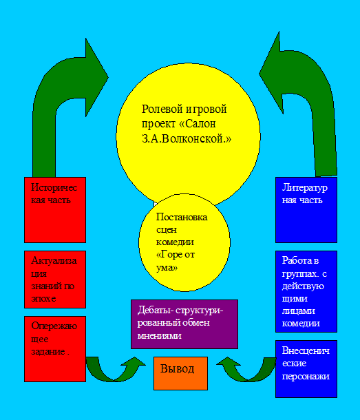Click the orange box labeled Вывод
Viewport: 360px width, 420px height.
(180, 373)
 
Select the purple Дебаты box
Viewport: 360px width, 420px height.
(184, 324)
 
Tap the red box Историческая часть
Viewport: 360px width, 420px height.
(55, 210)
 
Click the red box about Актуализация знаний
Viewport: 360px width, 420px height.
(55, 280)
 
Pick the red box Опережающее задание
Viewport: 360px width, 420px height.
(55, 349)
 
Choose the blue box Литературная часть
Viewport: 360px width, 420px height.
(306, 210)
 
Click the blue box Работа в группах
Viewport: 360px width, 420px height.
(306, 291)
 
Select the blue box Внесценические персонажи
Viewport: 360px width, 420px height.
(306, 369)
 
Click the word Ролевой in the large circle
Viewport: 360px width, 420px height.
(162, 109)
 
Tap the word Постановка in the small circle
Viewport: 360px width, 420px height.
(182, 217)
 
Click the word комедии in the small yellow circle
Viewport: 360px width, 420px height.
(175, 242)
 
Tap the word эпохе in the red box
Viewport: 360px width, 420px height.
(43, 298)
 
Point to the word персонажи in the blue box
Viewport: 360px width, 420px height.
(306, 377)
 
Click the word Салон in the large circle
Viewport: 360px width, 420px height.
(200, 124)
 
